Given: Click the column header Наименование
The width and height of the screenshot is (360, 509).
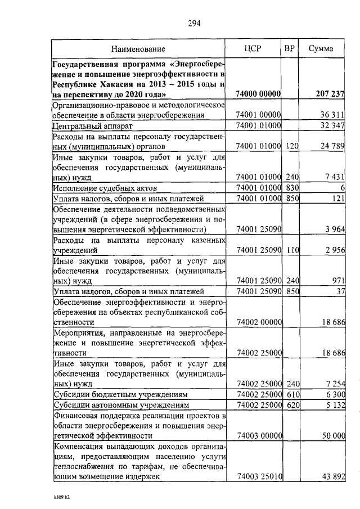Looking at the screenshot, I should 138,49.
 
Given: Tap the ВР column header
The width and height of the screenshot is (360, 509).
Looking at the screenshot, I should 289,49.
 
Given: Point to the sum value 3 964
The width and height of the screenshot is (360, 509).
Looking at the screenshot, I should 334,229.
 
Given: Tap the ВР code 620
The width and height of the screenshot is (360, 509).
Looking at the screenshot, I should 291,405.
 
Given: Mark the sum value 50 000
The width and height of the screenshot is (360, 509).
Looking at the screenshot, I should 332,435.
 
